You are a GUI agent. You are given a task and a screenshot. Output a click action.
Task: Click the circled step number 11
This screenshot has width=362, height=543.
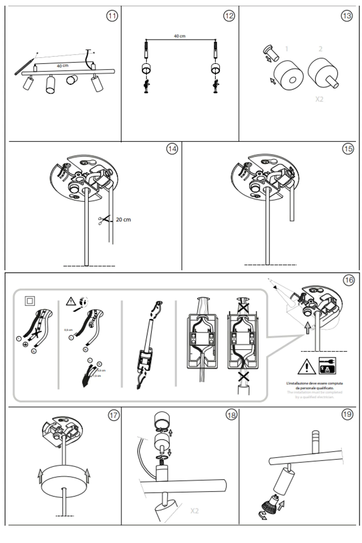pyautogui.click(x=112, y=16)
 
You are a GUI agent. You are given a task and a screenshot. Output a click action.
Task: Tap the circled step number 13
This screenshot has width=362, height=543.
pyautogui.click(x=347, y=16)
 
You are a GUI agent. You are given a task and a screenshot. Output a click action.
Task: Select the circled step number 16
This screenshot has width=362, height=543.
pyautogui.click(x=349, y=280)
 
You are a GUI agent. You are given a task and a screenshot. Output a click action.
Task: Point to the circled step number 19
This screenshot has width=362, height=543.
pyautogui.click(x=347, y=414)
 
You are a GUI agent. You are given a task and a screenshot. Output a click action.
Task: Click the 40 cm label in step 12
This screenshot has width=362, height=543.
pyautogui.click(x=179, y=36)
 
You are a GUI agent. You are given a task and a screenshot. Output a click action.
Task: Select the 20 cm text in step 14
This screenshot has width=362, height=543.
pyautogui.click(x=123, y=220)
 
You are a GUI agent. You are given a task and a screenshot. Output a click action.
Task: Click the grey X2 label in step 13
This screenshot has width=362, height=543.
pyautogui.click(x=319, y=99)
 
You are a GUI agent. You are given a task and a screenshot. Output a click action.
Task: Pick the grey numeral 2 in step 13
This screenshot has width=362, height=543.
pyautogui.click(x=320, y=49)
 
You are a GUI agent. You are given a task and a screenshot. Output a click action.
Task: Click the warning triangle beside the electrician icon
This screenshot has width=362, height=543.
pyautogui.click(x=307, y=367)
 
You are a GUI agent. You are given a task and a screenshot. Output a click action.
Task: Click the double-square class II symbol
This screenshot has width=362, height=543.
pyautogui.click(x=30, y=301)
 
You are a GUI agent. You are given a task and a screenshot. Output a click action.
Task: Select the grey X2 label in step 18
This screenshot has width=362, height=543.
pyautogui.click(x=194, y=511)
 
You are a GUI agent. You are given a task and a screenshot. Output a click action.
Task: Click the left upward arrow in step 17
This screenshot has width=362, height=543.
pyautogui.click(x=40, y=476)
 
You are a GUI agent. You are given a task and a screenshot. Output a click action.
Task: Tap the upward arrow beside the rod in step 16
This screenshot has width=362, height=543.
pyautogui.click(x=307, y=327)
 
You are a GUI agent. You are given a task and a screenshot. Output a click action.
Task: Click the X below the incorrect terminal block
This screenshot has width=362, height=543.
pyautogui.click(x=243, y=376)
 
